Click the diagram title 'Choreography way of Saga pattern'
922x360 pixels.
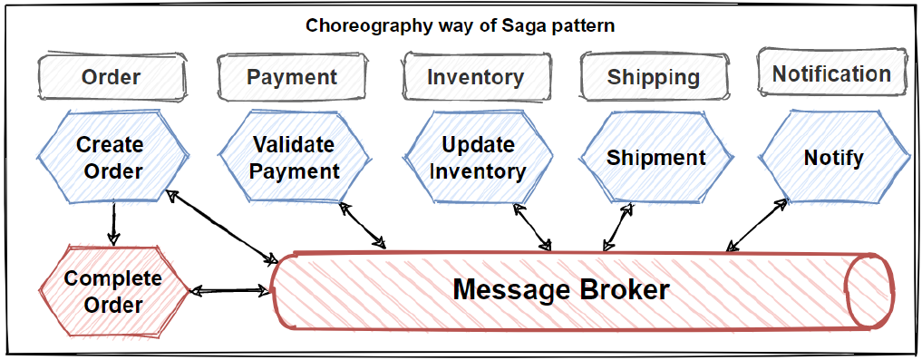point(461,26)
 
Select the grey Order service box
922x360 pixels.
point(112,78)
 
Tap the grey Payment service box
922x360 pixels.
point(292,77)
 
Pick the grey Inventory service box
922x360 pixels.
point(476,77)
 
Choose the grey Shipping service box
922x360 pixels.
point(654,77)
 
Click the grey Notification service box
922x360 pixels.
point(831,74)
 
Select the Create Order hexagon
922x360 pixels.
point(114,157)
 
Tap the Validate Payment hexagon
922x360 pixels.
point(296,157)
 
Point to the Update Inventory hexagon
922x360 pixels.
point(478,157)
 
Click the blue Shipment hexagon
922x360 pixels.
point(656,158)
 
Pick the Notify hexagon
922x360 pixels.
point(834,158)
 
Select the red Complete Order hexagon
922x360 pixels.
point(113,290)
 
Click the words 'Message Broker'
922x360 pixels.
point(561,290)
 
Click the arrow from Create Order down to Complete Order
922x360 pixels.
point(113,223)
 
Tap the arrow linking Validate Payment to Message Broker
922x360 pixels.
point(363,225)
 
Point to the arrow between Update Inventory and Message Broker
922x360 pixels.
point(534,227)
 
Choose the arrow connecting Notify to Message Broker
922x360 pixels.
point(757,225)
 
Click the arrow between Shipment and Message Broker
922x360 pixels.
point(618,227)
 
